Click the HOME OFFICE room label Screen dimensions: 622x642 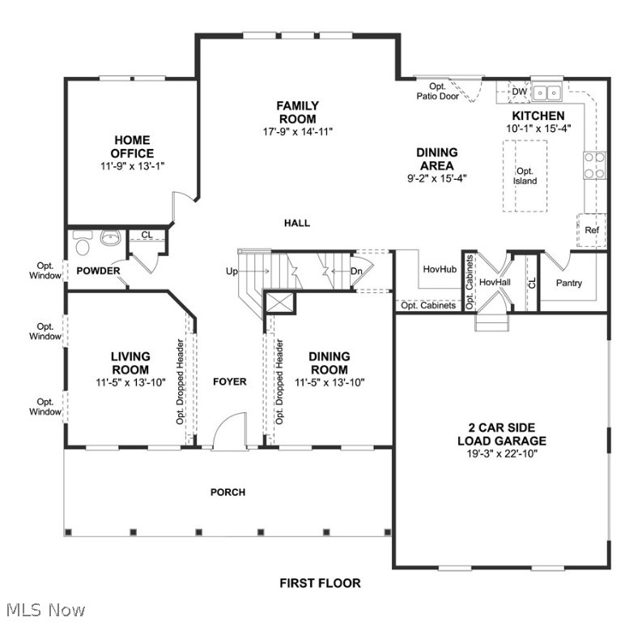point(132,147)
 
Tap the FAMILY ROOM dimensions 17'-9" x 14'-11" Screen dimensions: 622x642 point(297,131)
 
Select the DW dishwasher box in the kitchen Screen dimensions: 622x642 point(520,92)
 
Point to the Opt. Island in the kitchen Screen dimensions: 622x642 point(525,176)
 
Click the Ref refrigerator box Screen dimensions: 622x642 point(592,230)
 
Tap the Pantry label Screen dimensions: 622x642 point(569,283)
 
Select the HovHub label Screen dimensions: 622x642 point(440,269)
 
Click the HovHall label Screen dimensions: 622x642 point(494,283)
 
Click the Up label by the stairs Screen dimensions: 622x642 point(232,271)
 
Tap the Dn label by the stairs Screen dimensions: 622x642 point(356,271)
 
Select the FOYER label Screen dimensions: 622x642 point(229,381)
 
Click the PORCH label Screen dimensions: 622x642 point(227,492)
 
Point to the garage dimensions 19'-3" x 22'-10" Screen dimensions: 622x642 point(501,454)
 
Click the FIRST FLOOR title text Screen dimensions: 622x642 point(320,582)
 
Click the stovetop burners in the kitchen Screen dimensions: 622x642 point(594,165)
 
